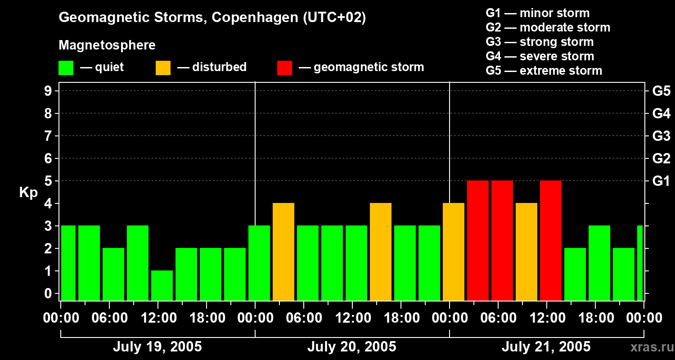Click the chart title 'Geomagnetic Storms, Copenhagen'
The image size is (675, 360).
[212, 18]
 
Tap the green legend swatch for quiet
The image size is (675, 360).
[66, 68]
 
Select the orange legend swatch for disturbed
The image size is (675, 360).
[163, 68]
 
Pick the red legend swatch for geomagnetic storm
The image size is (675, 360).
[285, 68]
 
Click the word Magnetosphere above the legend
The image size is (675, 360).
[107, 45]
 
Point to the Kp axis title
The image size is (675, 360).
[28, 193]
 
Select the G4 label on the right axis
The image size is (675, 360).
[661, 114]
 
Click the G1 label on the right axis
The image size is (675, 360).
[661, 181]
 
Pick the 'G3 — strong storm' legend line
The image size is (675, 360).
[540, 42]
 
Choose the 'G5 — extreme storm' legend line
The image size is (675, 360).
[544, 71]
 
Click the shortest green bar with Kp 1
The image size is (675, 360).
[162, 285]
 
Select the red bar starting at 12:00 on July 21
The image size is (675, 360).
[551, 240]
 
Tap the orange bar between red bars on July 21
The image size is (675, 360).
[526, 252]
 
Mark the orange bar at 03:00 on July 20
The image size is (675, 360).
[283, 252]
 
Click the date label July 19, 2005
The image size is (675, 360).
[157, 347]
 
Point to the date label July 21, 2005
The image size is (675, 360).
[546, 347]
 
